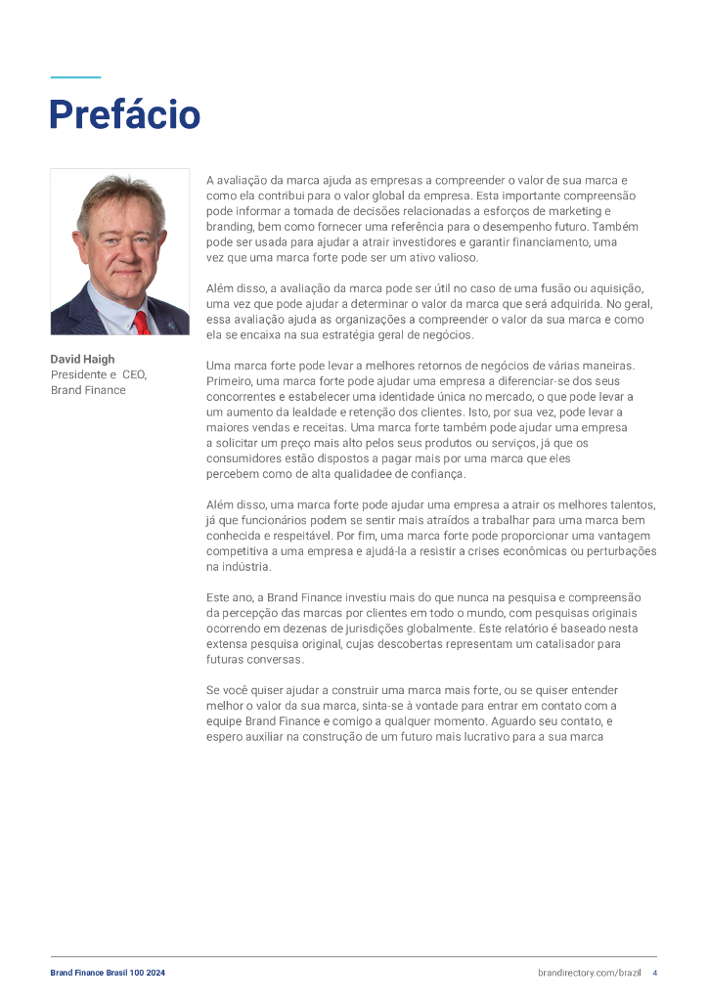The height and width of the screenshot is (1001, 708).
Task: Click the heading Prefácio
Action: pyautogui.click(x=124, y=114)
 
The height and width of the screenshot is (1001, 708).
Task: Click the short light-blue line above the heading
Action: pyautogui.click(x=75, y=77)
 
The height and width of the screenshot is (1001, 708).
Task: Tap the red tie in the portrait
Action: pyautogui.click(x=142, y=322)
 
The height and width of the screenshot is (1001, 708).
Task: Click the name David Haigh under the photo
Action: pyautogui.click(x=82, y=359)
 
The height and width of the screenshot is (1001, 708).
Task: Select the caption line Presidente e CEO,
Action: pyautogui.click(x=99, y=374)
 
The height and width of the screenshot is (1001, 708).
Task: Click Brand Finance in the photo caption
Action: pyautogui.click(x=88, y=390)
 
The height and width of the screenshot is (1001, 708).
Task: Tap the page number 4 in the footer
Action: pyautogui.click(x=654, y=973)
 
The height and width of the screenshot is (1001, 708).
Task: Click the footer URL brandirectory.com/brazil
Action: pyautogui.click(x=589, y=973)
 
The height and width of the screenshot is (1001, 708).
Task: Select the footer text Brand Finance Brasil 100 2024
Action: pyautogui.click(x=108, y=973)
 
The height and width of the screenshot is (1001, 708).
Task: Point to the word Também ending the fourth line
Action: pyautogui.click(x=615, y=226)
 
